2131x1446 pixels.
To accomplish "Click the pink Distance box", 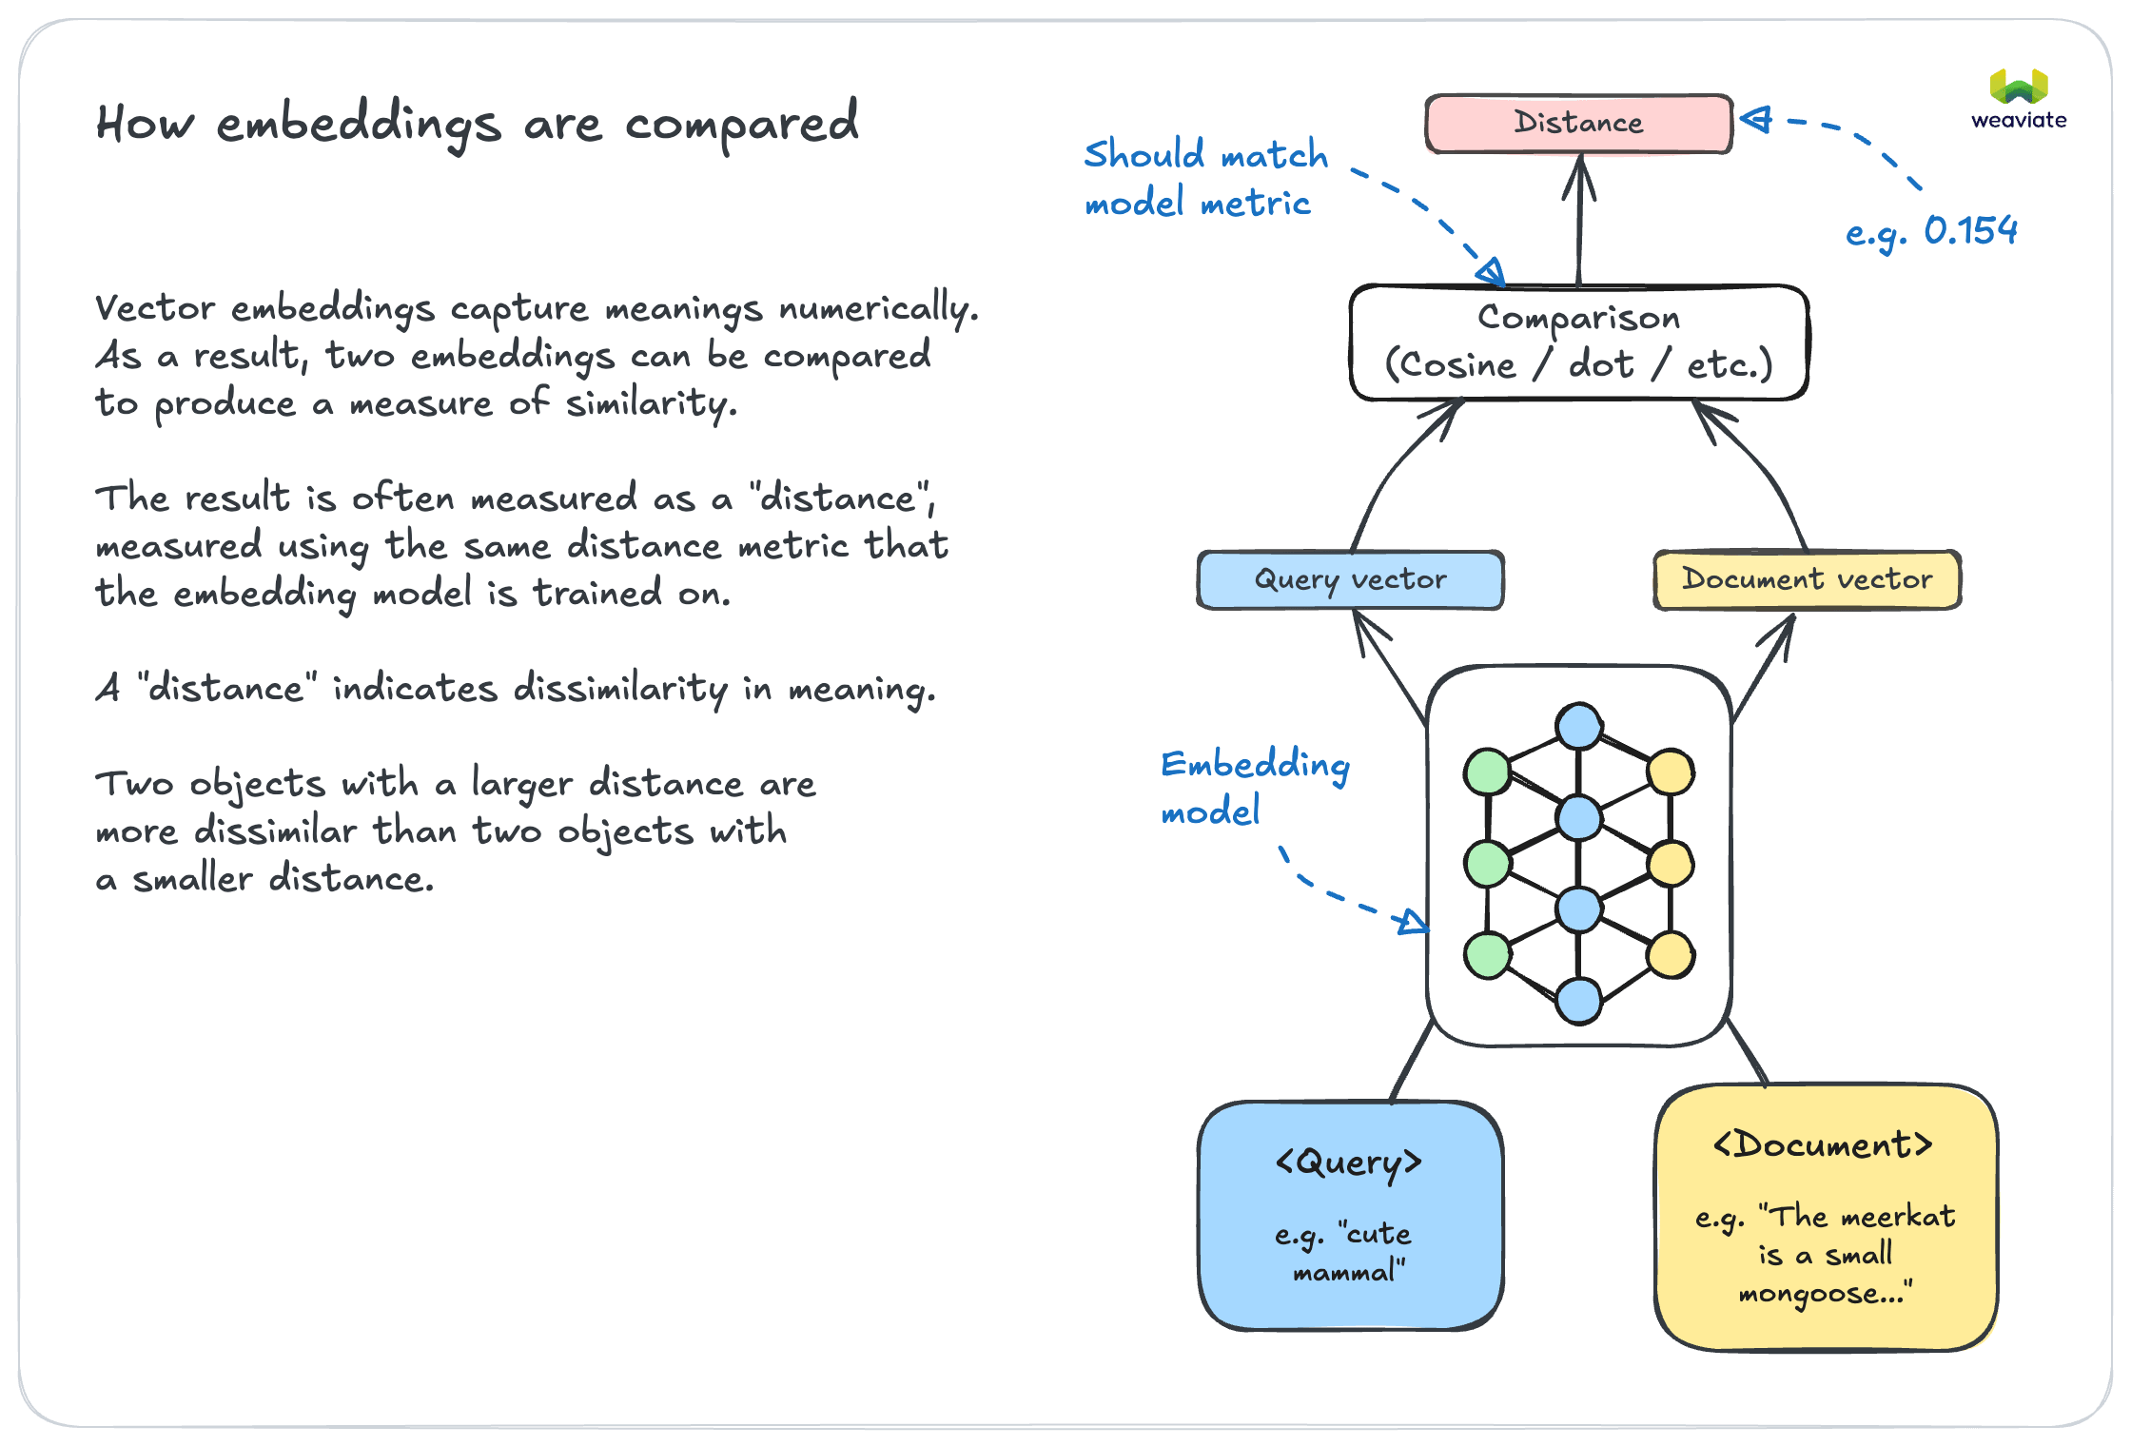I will click(1578, 124).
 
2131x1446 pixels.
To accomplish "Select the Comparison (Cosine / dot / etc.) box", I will click(1578, 342).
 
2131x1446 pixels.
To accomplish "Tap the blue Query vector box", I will click(1350, 579).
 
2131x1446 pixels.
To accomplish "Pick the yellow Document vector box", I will click(1807, 579).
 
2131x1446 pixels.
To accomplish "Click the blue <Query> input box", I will click(1350, 1215).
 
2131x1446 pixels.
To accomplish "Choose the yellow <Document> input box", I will click(1826, 1217).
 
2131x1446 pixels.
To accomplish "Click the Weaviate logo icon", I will click(2019, 88).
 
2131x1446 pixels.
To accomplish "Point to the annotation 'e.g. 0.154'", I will click(1931, 231).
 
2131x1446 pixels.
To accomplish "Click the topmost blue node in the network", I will click(1579, 727).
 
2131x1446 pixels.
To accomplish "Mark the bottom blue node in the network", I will click(1579, 1001).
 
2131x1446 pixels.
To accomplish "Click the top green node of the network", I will click(1488, 772).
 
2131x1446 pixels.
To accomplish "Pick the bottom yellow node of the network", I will click(1671, 955).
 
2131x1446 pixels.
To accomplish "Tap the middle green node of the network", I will click(1488, 864).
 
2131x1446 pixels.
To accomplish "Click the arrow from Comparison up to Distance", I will click(1579, 224).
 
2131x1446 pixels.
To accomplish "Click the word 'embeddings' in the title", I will click(359, 126).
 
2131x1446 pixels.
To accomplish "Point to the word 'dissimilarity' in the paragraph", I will click(619, 688).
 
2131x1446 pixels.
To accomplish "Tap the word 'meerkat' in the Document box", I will click(1897, 1217).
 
